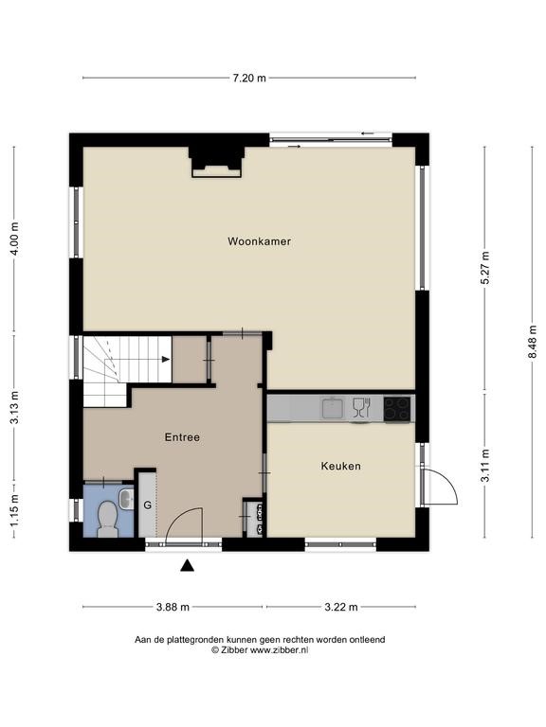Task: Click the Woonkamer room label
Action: [259, 241]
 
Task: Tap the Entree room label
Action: [182, 437]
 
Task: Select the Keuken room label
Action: [341, 466]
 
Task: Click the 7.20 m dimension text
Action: [249, 78]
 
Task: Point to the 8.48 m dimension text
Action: [532, 342]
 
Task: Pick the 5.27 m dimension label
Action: [485, 268]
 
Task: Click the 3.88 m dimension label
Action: [173, 607]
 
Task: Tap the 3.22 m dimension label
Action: [341, 607]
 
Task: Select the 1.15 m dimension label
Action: [15, 510]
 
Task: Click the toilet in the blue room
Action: [108, 520]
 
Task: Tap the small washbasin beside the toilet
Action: [126, 499]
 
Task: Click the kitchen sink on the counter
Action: [333, 408]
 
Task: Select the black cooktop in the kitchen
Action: [397, 409]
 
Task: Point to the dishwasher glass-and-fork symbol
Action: [361, 407]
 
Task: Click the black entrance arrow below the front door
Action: [187, 565]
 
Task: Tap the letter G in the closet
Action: [148, 505]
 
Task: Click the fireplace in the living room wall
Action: [216, 162]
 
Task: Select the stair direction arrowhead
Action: [165, 359]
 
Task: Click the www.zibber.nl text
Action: [279, 650]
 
